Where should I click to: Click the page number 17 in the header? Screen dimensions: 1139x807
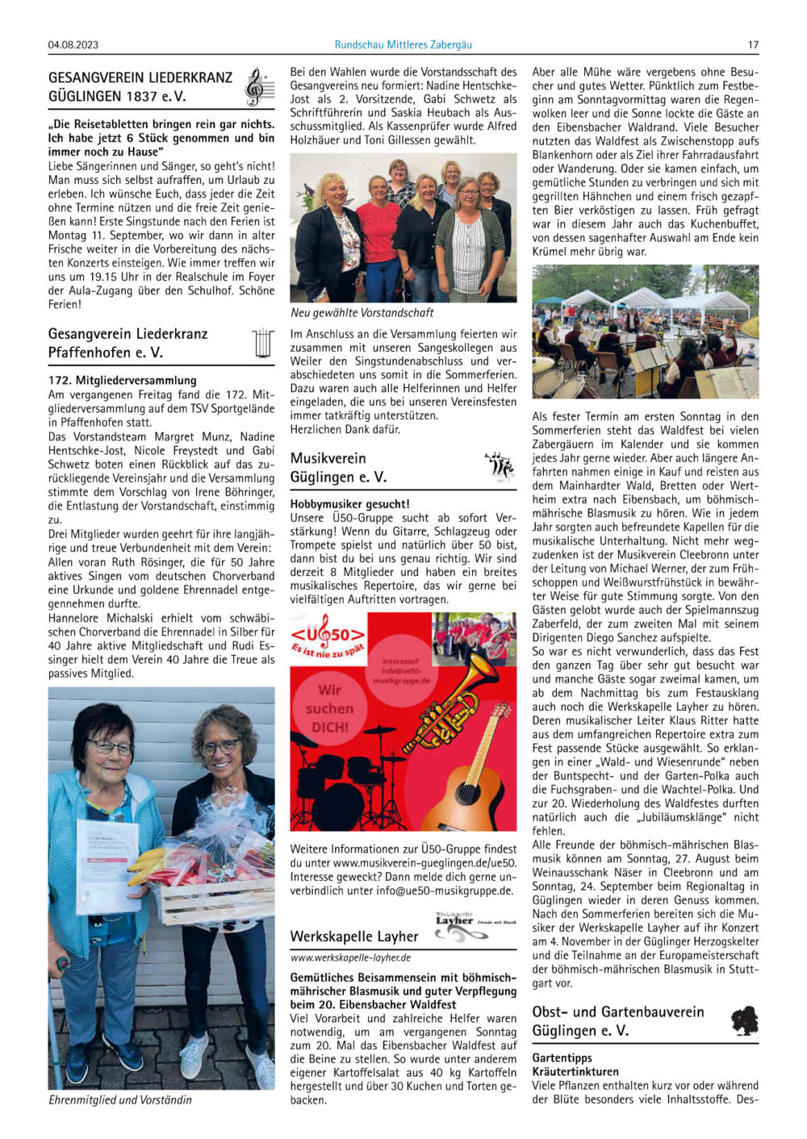[x=753, y=44]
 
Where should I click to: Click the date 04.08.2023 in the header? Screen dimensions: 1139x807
[x=73, y=44]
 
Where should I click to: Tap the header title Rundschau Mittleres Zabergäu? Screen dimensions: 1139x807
[x=403, y=44]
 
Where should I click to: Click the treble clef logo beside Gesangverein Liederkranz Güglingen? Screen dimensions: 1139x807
[x=256, y=88]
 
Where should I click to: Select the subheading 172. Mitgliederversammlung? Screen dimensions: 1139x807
[x=122, y=380]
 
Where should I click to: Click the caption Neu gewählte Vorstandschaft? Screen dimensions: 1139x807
[x=362, y=312]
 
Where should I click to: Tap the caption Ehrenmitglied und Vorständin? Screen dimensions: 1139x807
[x=120, y=1099]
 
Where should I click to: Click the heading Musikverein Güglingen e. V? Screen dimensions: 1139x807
[x=338, y=467]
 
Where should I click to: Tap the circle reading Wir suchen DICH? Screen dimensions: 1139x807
[x=328, y=708]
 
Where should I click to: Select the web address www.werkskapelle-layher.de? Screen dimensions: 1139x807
[x=350, y=958]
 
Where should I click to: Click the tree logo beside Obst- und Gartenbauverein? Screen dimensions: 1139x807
[x=744, y=1020]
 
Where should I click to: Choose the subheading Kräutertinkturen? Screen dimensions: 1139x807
[x=575, y=1071]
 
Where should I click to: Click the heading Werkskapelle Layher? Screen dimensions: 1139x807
[x=353, y=937]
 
